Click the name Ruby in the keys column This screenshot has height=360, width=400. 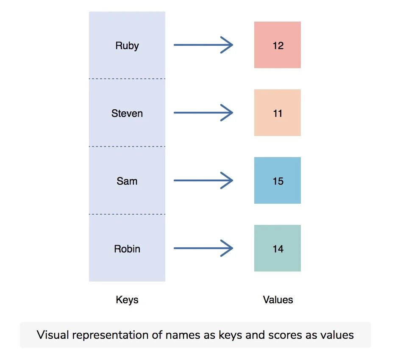[x=127, y=46]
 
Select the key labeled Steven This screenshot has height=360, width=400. [x=127, y=114]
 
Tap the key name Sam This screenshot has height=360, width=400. [x=127, y=181]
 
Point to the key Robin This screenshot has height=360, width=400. [x=127, y=249]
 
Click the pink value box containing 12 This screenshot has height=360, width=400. [x=278, y=45]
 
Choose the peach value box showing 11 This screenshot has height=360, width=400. [x=278, y=113]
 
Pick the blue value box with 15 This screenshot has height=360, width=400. [x=278, y=180]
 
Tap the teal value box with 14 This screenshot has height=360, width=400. [x=278, y=248]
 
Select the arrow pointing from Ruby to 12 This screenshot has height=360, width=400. [x=203, y=45]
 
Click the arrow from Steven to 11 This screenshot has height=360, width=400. [x=203, y=113]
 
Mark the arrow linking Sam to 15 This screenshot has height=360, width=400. [x=203, y=180]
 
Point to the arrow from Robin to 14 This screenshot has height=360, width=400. [x=203, y=248]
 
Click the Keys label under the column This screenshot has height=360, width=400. [x=127, y=300]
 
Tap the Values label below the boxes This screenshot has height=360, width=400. [x=278, y=300]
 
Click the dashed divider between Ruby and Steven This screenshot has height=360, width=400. [x=127, y=79]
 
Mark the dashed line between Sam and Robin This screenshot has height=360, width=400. [x=127, y=214]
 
